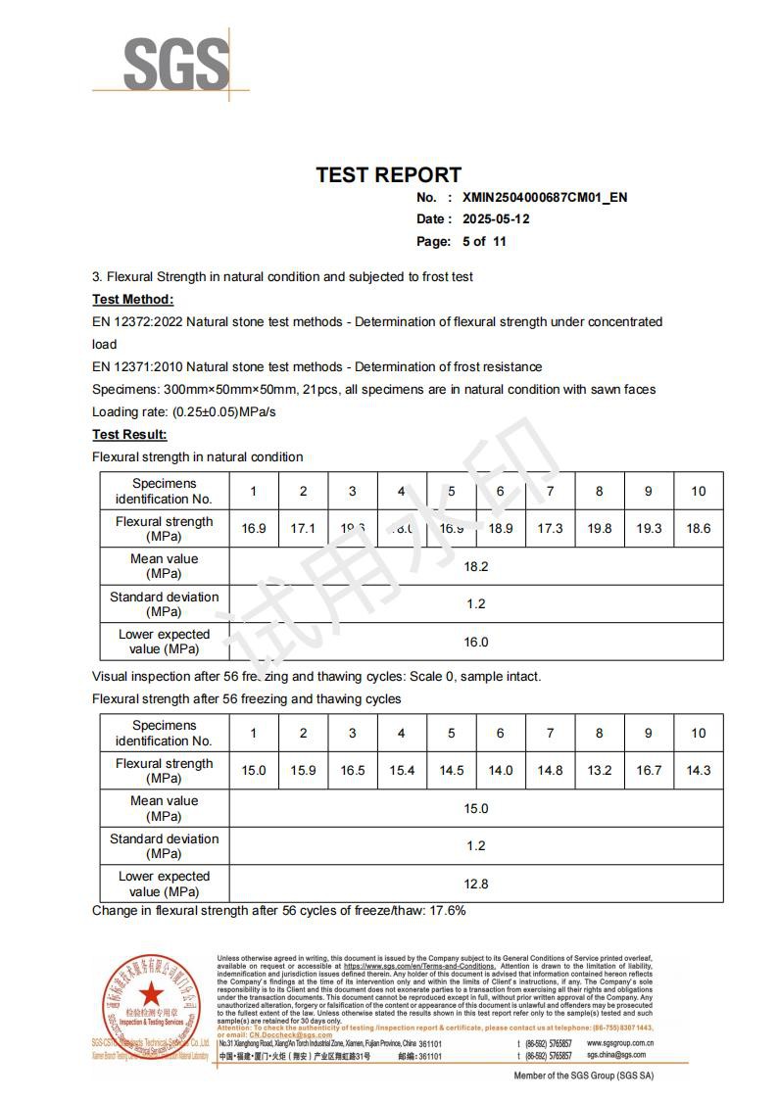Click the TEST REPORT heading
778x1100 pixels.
[x=388, y=175]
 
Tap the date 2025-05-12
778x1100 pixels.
[x=496, y=218]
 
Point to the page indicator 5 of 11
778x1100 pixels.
[x=484, y=241]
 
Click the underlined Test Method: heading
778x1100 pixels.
[x=132, y=299]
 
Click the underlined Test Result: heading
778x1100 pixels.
[x=129, y=434]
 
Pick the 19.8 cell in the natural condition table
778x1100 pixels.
[x=600, y=529]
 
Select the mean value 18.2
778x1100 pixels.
[x=475, y=566]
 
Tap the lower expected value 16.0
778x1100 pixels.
[x=475, y=642]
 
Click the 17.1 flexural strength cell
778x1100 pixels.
[x=303, y=529]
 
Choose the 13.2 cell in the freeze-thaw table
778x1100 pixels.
[x=600, y=771]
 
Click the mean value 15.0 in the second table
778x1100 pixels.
[x=475, y=808]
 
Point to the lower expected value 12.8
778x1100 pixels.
[x=475, y=884]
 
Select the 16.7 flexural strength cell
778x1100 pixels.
[x=649, y=771]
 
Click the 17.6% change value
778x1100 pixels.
[x=447, y=910]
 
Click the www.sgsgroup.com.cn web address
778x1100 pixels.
[x=620, y=1043]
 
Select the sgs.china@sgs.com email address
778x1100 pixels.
[x=616, y=1056]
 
